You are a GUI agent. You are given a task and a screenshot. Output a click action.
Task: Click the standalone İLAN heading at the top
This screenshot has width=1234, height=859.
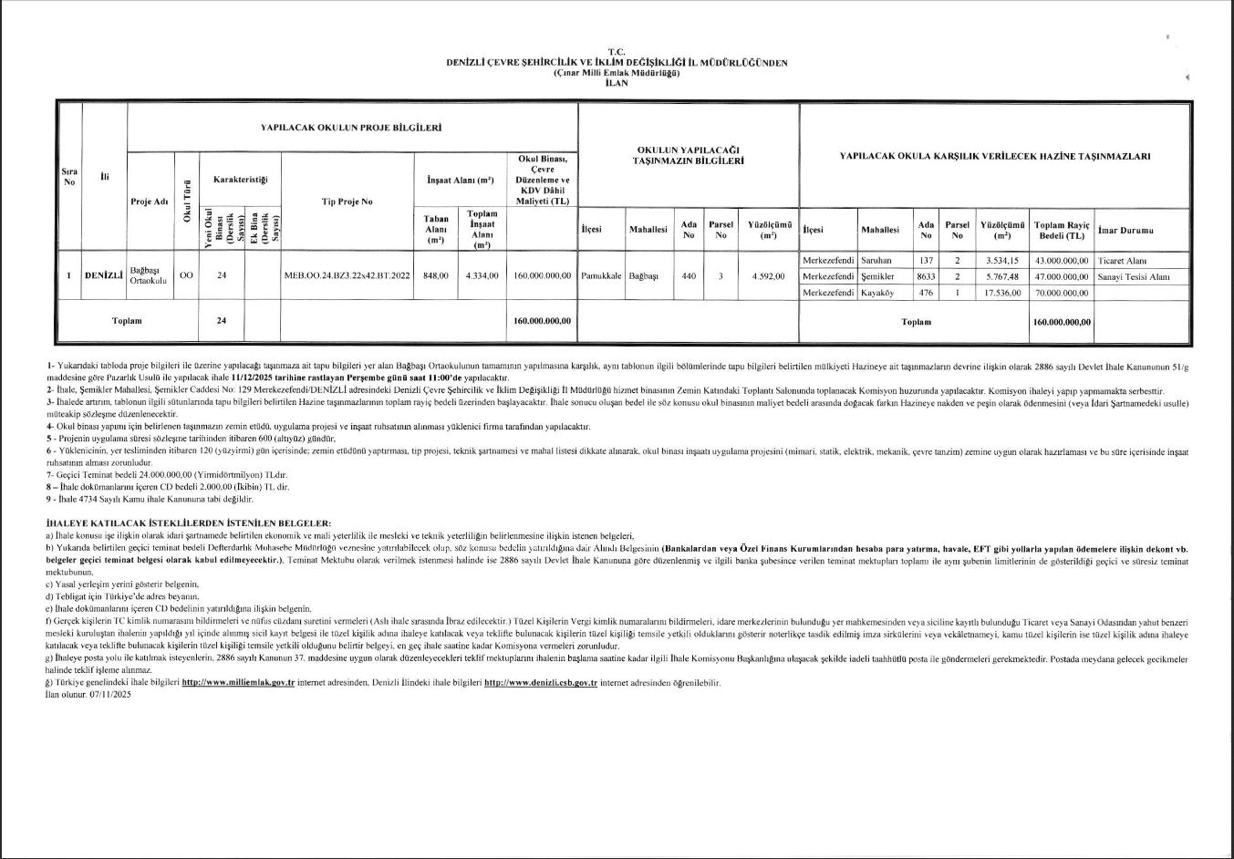pyautogui.click(x=617, y=82)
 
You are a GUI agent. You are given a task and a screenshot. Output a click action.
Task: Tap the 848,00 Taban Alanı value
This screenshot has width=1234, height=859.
pyautogui.click(x=436, y=275)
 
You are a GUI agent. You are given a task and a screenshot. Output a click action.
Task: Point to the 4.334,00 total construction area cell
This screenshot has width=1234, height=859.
pyautogui.click(x=481, y=275)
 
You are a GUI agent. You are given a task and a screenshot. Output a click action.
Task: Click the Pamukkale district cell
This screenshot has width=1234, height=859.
pyautogui.click(x=600, y=275)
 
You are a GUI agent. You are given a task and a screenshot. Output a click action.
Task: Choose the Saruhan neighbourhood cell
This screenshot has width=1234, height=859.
pyautogui.click(x=876, y=260)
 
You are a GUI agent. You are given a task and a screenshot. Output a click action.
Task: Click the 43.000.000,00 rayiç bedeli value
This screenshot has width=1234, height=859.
pyautogui.click(x=1062, y=260)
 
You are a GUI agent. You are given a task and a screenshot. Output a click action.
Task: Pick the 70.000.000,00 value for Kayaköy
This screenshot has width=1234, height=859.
pyautogui.click(x=1062, y=293)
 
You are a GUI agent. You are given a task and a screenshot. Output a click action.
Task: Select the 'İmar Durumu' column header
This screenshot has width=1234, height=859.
pyautogui.click(x=1126, y=230)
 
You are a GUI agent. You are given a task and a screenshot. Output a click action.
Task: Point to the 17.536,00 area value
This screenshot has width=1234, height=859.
pyautogui.click(x=1001, y=293)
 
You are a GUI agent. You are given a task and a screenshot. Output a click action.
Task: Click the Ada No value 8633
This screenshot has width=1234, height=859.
pyautogui.click(x=926, y=276)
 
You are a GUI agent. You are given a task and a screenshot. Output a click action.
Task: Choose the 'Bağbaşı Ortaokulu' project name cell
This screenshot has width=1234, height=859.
pyautogui.click(x=148, y=275)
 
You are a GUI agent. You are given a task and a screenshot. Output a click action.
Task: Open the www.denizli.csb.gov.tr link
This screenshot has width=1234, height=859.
pyautogui.click(x=540, y=682)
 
